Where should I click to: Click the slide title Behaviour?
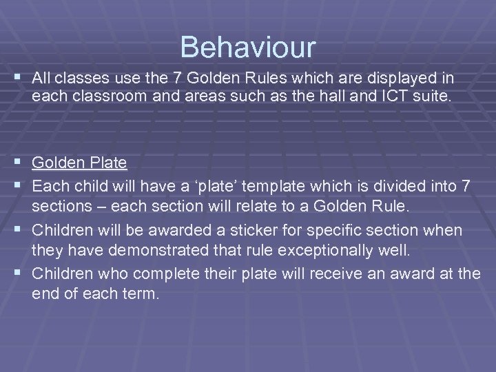tap(248, 48)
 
